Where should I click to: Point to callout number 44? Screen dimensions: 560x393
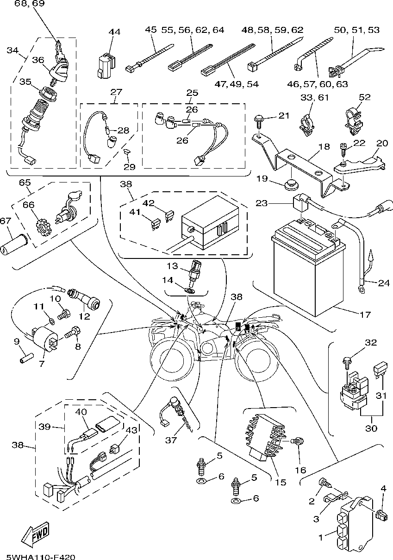[x=114, y=31]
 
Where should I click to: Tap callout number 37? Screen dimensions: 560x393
[x=171, y=440]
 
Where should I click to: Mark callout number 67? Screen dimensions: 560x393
[x=5, y=221]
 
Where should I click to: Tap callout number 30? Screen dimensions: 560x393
[x=371, y=428]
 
